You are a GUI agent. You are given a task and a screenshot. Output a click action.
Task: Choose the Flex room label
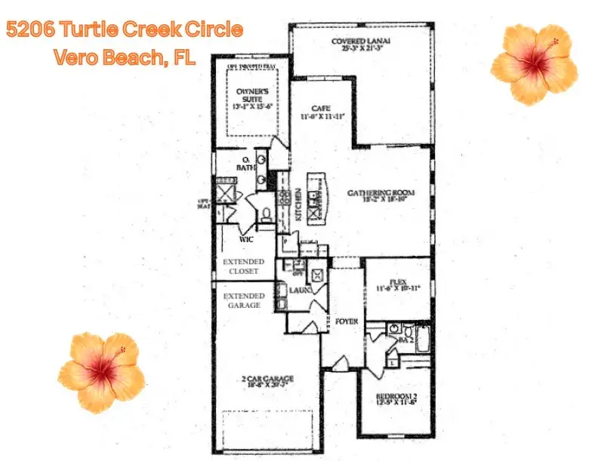point(397,284)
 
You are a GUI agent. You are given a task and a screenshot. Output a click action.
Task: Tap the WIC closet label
point(245,238)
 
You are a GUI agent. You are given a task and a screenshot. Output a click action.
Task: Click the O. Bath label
point(247,164)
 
